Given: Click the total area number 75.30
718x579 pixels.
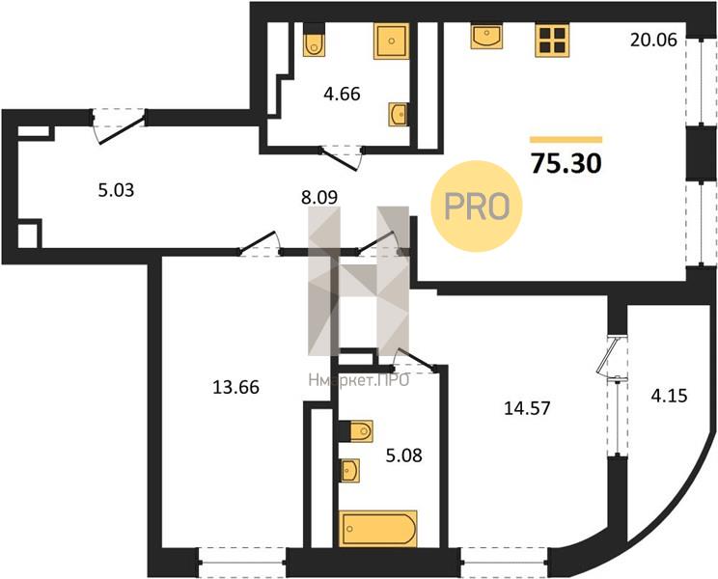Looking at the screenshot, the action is pyautogui.click(x=566, y=163).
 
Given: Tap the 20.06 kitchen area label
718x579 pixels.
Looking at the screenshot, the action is pyautogui.click(x=653, y=41).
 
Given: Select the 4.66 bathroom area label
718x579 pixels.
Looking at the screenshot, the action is pyautogui.click(x=342, y=94).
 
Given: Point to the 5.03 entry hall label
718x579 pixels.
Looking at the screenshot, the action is pyautogui.click(x=117, y=189).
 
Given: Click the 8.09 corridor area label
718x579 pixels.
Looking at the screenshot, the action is pyautogui.click(x=319, y=197).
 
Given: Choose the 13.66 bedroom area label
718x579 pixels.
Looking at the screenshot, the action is pyautogui.click(x=235, y=387).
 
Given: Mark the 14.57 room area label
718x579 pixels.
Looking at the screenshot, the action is pyautogui.click(x=527, y=408).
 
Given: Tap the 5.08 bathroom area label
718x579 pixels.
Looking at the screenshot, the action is pyautogui.click(x=403, y=455).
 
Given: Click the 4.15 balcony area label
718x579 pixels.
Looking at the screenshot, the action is pyautogui.click(x=669, y=395).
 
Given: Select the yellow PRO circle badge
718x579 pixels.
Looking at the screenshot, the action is pyautogui.click(x=477, y=206).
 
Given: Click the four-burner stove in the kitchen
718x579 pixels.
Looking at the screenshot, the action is pyautogui.click(x=552, y=41).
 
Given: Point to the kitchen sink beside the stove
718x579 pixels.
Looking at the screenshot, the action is pyautogui.click(x=486, y=36).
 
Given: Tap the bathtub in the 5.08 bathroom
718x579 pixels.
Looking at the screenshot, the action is pyautogui.click(x=378, y=529).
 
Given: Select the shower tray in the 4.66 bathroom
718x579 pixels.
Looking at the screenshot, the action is pyautogui.click(x=392, y=41).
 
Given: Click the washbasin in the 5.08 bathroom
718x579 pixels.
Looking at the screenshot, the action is pyautogui.click(x=350, y=470).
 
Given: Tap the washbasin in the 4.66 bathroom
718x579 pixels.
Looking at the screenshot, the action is pyautogui.click(x=398, y=114).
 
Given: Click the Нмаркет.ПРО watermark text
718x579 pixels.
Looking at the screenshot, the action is pyautogui.click(x=359, y=380).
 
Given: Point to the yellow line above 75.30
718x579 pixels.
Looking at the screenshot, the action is pyautogui.click(x=566, y=140).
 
